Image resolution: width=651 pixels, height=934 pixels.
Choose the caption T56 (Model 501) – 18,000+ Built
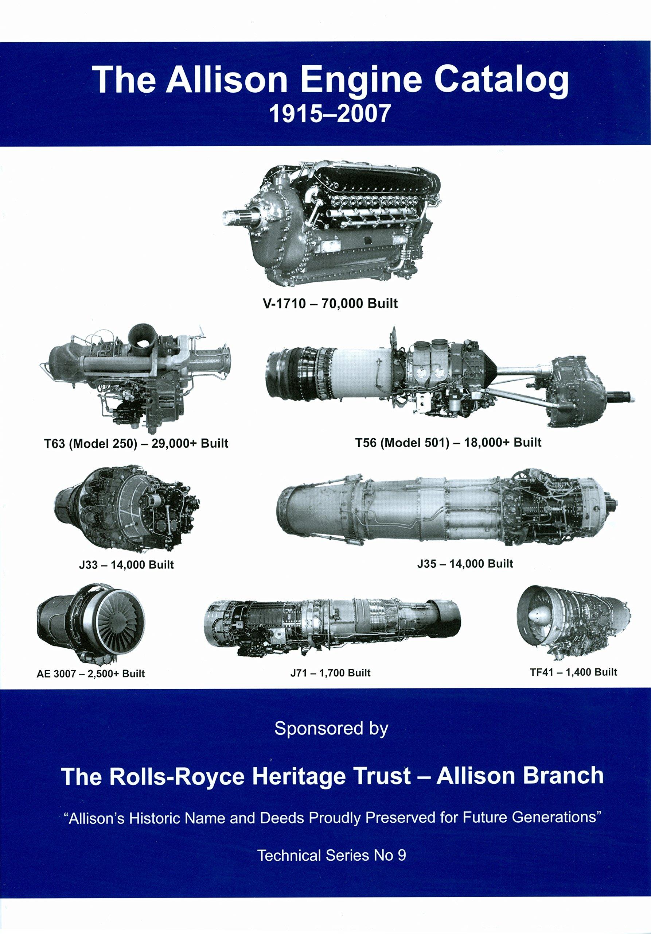click(x=449, y=442)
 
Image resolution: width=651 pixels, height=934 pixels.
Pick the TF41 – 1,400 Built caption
click(x=573, y=672)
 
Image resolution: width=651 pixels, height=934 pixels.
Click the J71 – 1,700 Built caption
click(x=330, y=673)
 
